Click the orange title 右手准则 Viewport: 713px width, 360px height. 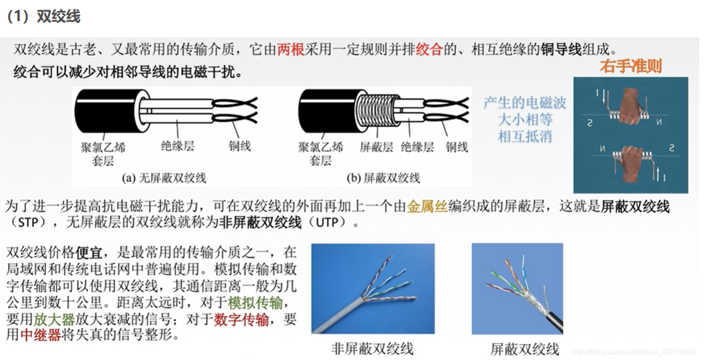(631, 66)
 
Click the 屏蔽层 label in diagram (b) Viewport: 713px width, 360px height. (376, 147)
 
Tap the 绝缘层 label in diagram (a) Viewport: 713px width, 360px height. (177, 146)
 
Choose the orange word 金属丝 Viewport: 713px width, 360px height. (424, 207)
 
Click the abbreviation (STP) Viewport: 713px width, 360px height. (28, 222)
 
